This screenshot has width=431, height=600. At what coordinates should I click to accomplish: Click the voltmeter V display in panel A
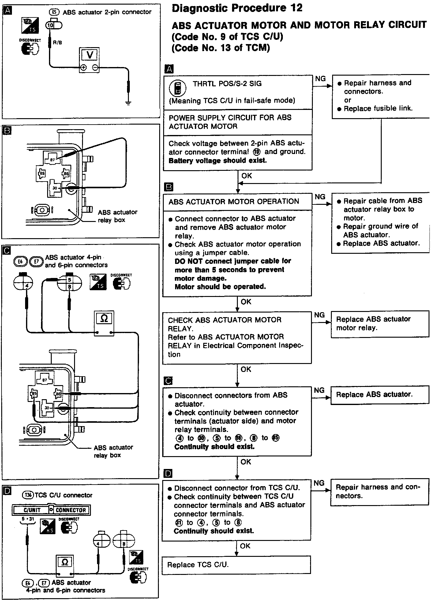pyautogui.click(x=89, y=55)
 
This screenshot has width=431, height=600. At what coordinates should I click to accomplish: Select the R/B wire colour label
pyautogui.click(x=57, y=43)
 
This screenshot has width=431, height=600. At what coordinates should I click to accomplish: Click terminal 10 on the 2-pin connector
pyautogui.click(x=51, y=26)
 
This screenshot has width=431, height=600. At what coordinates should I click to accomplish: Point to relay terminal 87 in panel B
pyautogui.click(x=53, y=160)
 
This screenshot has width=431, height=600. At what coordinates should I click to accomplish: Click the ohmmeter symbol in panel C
pyautogui.click(x=104, y=319)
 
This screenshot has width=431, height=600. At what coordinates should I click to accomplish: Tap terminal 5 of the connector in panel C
pyautogui.click(x=69, y=280)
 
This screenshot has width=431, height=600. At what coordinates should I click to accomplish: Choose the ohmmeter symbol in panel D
pyautogui.click(x=65, y=562)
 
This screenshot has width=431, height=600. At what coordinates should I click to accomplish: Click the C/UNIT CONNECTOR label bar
pyautogui.click(x=51, y=510)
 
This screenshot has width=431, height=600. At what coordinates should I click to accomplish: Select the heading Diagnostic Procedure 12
pyautogui.click(x=237, y=8)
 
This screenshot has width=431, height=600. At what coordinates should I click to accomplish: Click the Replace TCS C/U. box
pyautogui.click(x=236, y=564)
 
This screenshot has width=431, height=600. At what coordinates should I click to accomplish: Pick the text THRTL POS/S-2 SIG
pyautogui.click(x=227, y=84)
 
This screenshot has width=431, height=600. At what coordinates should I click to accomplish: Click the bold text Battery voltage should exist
pyautogui.click(x=218, y=161)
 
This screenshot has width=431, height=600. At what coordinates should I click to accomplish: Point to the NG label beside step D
pyautogui.click(x=319, y=483)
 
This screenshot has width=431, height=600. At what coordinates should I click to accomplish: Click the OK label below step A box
pyautogui.click(x=247, y=176)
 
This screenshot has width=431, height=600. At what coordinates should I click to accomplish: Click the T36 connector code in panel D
pyautogui.click(x=28, y=495)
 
